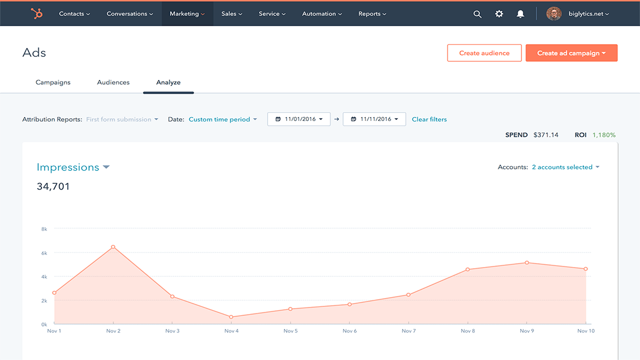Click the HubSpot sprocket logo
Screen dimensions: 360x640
(37, 14)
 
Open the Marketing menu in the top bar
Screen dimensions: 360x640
(187, 14)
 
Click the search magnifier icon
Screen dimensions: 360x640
(478, 14)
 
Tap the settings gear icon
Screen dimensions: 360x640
(499, 14)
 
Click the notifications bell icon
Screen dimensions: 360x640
(520, 14)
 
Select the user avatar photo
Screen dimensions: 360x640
(554, 14)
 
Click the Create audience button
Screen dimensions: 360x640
(484, 53)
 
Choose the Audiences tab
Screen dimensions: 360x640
(113, 83)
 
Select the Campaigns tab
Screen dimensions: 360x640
(53, 83)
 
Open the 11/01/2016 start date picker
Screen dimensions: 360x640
(299, 119)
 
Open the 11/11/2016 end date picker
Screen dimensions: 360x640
(374, 119)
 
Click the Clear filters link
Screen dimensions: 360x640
(429, 119)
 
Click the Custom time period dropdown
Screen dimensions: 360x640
(223, 119)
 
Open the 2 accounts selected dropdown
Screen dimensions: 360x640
(566, 167)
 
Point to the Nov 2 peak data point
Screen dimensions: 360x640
(113, 247)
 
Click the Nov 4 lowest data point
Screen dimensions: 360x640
(231, 317)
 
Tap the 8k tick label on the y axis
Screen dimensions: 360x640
(44, 229)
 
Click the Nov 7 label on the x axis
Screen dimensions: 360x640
(409, 331)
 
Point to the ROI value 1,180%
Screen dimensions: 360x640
(604, 135)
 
